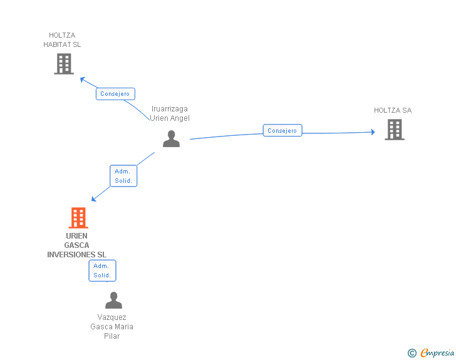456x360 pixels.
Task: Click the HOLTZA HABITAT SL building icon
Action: tap(64, 63)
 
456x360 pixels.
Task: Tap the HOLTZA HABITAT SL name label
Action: tap(62, 40)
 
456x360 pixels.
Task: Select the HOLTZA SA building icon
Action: tap(395, 129)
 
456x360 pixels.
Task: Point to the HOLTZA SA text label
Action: tap(393, 110)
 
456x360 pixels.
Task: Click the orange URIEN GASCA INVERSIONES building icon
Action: tap(78, 218)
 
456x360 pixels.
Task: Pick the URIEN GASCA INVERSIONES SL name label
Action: tap(76, 245)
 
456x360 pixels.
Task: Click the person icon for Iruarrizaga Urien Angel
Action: tap(171, 139)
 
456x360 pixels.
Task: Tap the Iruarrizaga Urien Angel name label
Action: tap(170, 113)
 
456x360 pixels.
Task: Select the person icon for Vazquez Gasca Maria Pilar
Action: tap(113, 301)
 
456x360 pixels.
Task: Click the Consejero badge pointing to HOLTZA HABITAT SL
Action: tap(115, 94)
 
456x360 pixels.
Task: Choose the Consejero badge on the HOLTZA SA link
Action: tap(282, 130)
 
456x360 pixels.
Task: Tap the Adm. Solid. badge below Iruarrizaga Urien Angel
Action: tap(123, 176)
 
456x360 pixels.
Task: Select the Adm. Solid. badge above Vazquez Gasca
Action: tap(102, 270)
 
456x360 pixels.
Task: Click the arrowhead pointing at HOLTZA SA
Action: tap(372, 132)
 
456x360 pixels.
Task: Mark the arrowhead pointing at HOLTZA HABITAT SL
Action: tap(82, 79)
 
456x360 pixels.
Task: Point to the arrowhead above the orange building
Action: tap(94, 199)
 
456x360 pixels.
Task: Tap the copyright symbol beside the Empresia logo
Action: tap(412, 353)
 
